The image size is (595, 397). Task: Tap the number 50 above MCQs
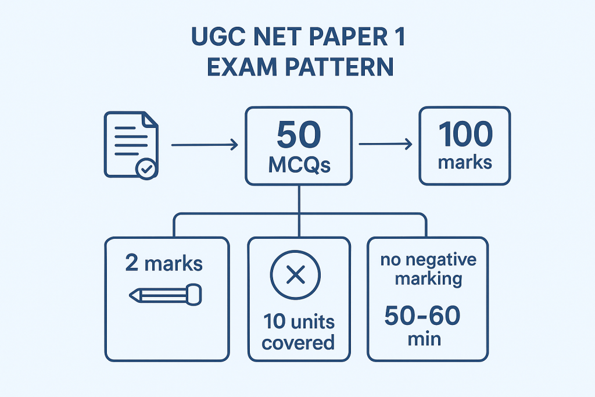pos(299,135)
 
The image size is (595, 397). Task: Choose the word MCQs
pos(299,164)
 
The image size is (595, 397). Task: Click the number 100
pos(465,135)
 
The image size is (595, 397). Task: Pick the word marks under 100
pos(465,162)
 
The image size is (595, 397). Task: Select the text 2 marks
pos(164,264)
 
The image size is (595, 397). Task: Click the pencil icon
pos(165,294)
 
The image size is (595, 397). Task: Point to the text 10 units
pos(299,321)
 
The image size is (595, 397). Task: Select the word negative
pos(445,259)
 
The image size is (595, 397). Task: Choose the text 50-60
pos(422,316)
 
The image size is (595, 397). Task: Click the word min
pos(424,338)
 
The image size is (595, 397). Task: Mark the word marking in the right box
pos(429,278)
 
